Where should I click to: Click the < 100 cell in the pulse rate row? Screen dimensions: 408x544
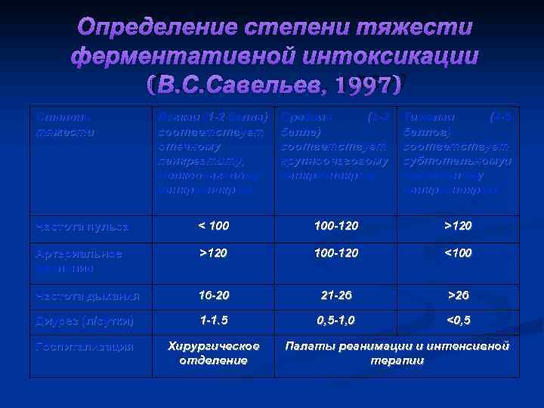[x=214, y=226]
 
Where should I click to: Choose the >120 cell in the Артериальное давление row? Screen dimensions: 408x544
[x=214, y=252]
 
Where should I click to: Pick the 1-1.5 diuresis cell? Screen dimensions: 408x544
[x=214, y=321]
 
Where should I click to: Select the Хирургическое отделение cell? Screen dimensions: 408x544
[x=214, y=353]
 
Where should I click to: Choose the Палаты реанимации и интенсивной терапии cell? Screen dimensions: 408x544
[x=397, y=353]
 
